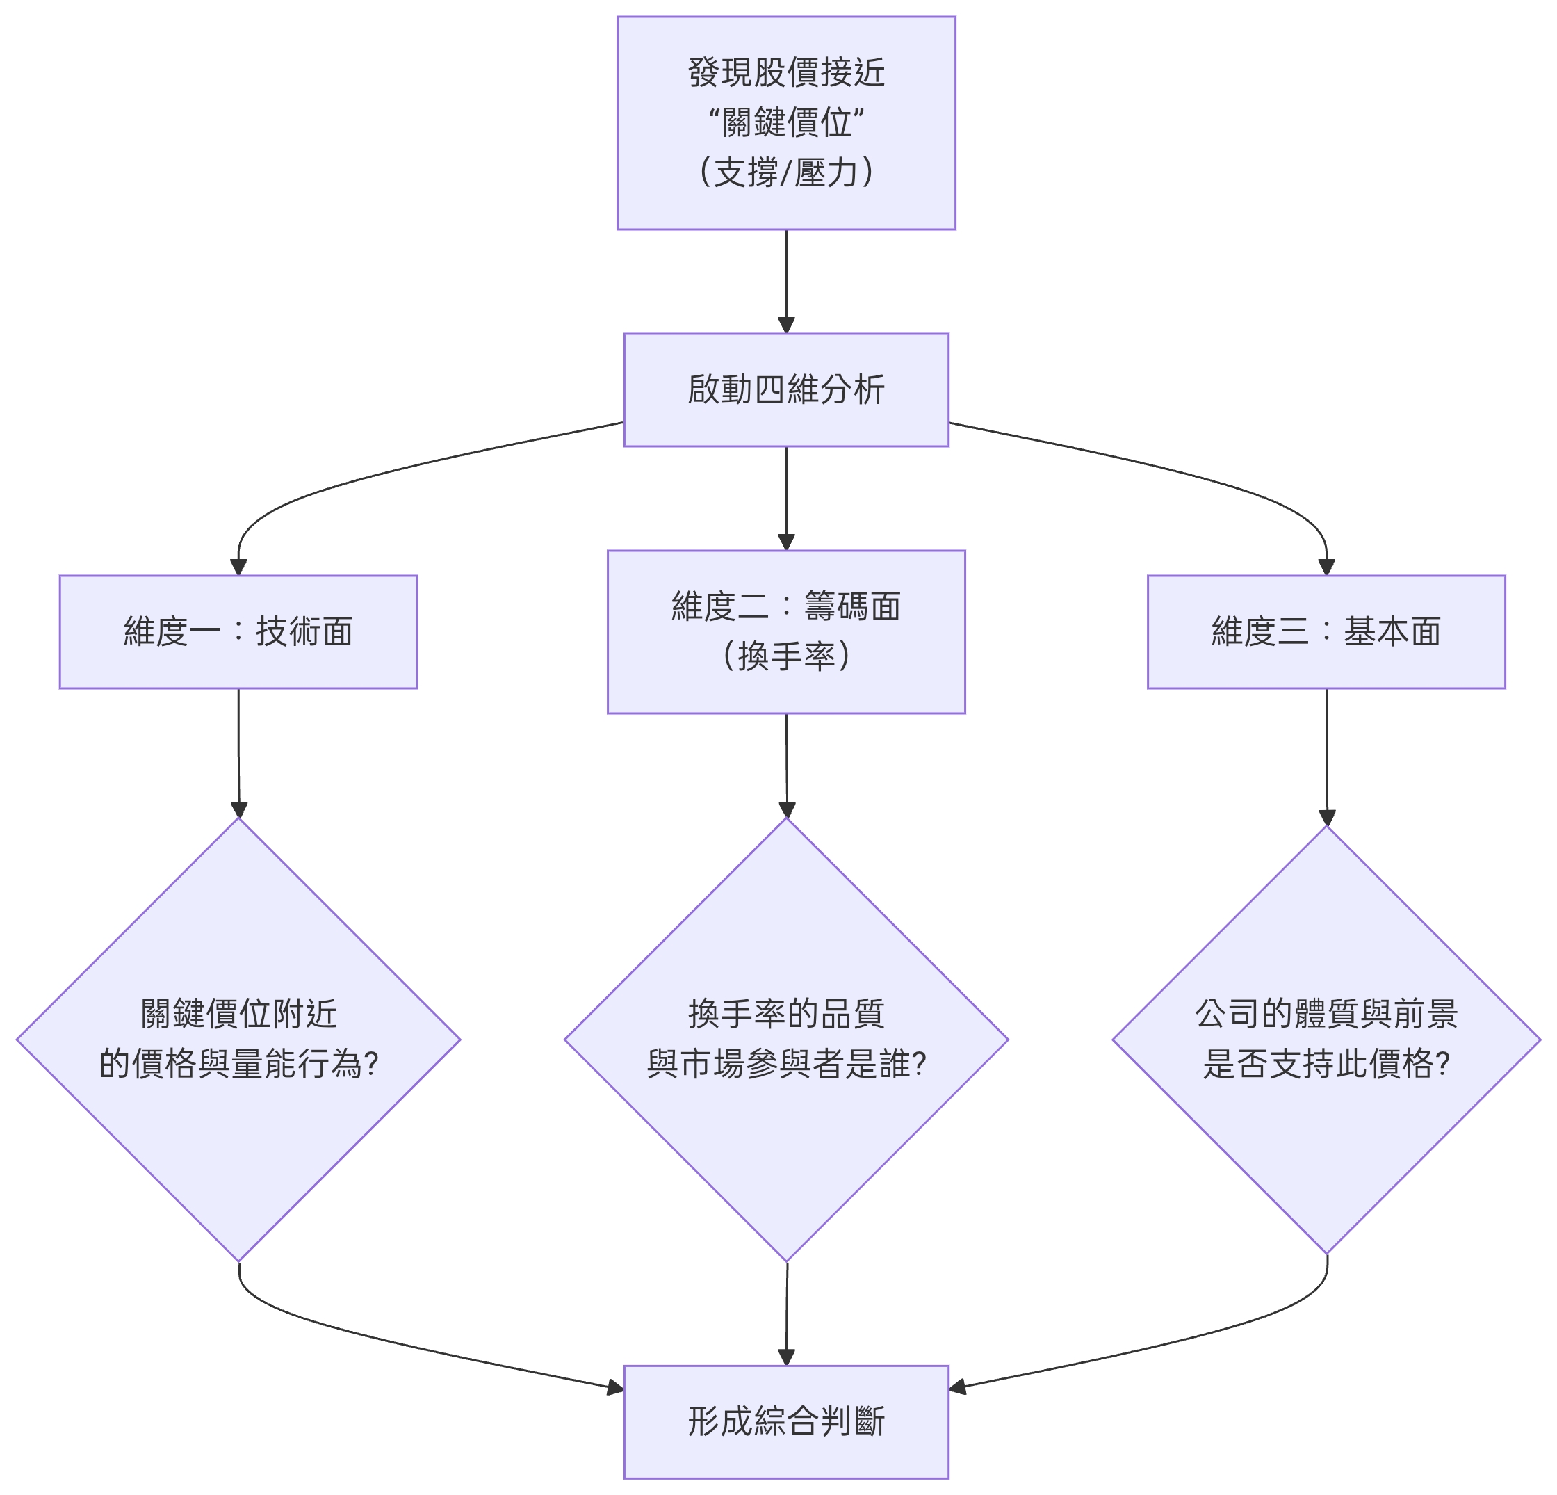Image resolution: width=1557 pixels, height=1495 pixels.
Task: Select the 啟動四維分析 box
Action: [785, 389]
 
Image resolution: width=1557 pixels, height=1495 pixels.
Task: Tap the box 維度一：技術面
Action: [238, 632]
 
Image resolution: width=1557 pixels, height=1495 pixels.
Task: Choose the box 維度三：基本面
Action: [1326, 632]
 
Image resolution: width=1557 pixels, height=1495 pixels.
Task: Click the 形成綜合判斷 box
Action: [785, 1422]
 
